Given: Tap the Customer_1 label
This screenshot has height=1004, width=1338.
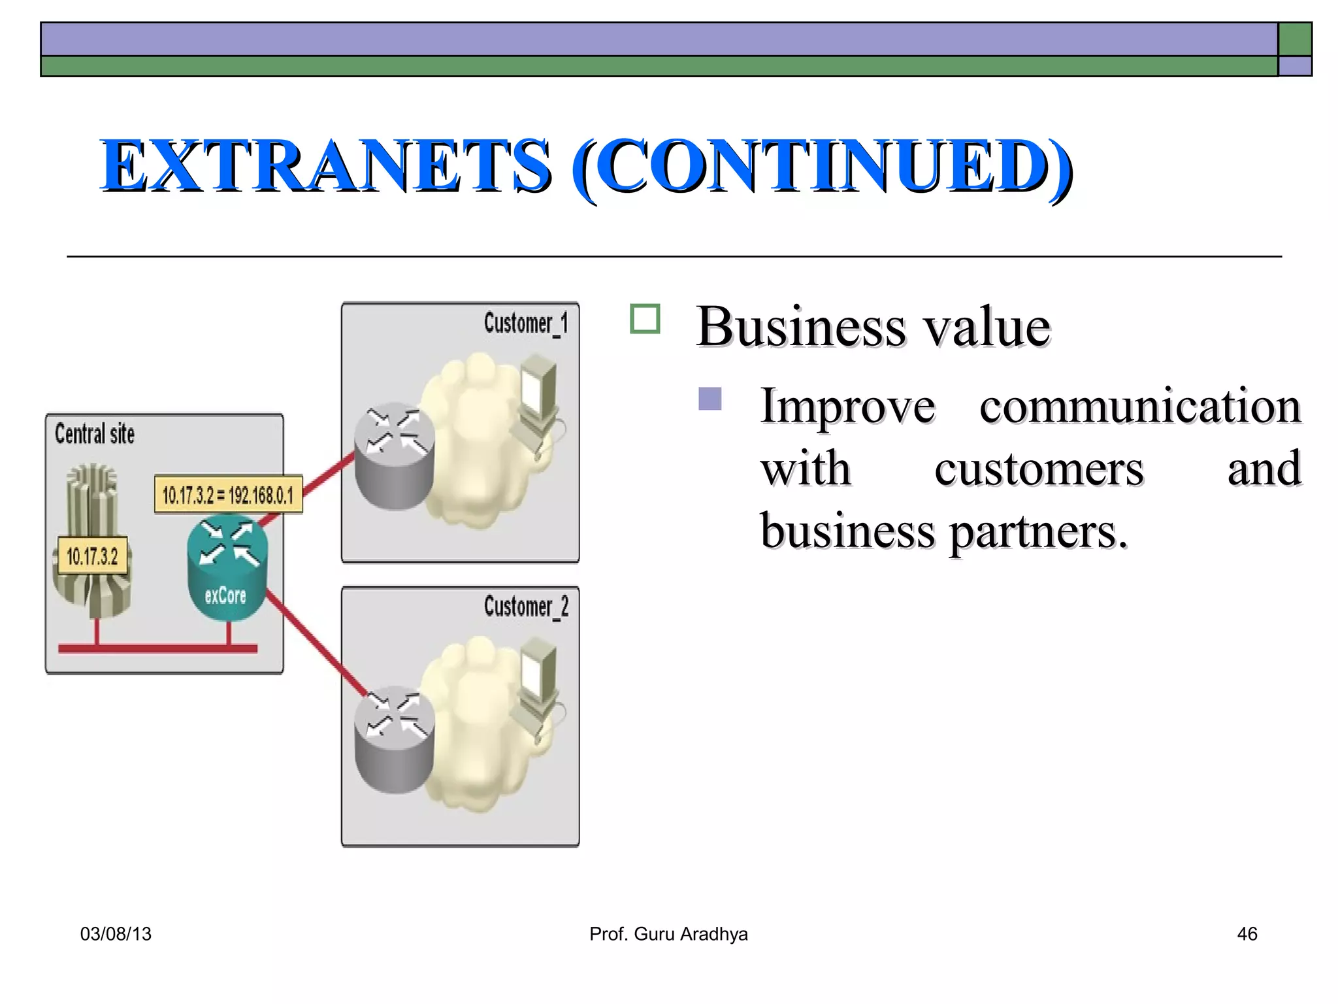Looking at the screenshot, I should tap(526, 324).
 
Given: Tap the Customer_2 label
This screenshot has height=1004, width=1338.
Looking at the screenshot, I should tap(526, 607).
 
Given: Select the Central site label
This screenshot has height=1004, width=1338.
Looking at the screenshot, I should tap(95, 434).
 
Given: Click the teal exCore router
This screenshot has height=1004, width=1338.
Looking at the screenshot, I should tap(227, 565).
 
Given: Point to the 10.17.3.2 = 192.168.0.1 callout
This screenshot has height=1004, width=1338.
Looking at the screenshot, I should tap(228, 495).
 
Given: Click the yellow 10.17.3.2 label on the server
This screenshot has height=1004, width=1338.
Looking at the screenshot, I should tap(92, 556).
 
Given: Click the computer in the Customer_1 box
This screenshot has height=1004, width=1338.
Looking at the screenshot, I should tap(539, 399).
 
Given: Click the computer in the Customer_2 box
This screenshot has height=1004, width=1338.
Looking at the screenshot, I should tap(539, 683).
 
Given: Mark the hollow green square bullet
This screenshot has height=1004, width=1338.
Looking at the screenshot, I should tap(645, 319).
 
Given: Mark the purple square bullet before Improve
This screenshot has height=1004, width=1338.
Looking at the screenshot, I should tap(710, 399).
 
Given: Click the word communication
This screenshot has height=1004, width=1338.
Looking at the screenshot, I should tap(1139, 407).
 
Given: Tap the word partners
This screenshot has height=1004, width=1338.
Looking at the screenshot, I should tap(1038, 532).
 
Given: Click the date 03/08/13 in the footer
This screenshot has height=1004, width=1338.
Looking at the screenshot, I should tap(116, 934).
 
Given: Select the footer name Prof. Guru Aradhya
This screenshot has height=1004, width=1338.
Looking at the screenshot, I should tap(668, 934).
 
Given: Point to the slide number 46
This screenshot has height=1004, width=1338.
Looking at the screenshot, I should tap(1247, 934).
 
